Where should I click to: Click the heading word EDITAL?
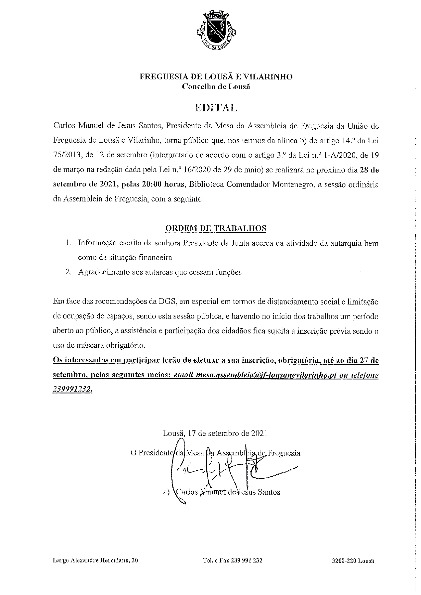tap(216, 108)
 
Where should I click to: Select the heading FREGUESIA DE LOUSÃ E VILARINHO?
tap(216, 77)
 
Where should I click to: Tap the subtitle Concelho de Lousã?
tap(216, 87)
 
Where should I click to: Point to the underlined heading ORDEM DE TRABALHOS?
tap(216, 228)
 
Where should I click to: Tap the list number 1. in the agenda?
tap(69, 243)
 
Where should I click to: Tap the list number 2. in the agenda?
tap(69, 272)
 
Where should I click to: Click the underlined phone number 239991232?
tap(72, 389)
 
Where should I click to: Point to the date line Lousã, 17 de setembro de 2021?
tap(215, 433)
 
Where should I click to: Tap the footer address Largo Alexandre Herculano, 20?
tap(96, 560)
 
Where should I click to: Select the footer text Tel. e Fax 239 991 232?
tap(233, 560)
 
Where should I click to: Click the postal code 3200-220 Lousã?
tap(353, 560)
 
